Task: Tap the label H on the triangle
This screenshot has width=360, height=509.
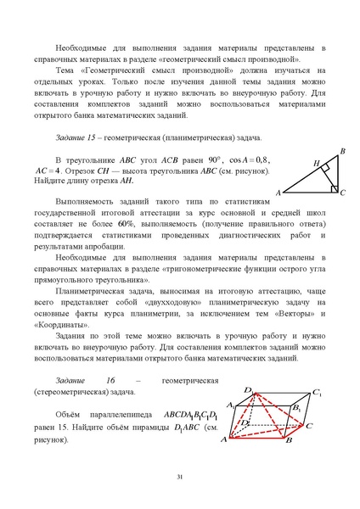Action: (316, 163)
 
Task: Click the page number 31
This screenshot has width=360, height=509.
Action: (180, 478)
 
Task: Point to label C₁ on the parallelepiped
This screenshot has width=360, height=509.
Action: (317, 394)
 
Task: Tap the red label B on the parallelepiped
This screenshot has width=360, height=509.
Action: (288, 441)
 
